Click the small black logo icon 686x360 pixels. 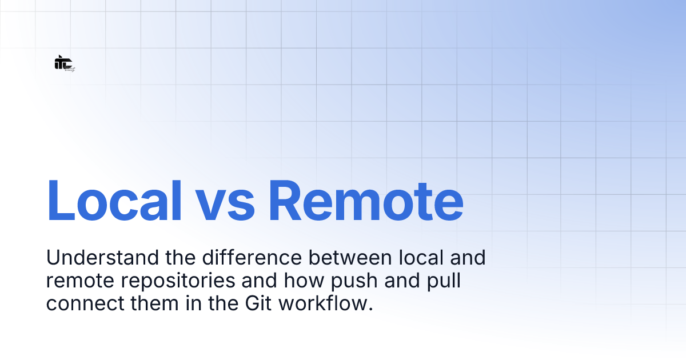(x=64, y=63)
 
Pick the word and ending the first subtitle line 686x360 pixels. (x=466, y=258)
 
